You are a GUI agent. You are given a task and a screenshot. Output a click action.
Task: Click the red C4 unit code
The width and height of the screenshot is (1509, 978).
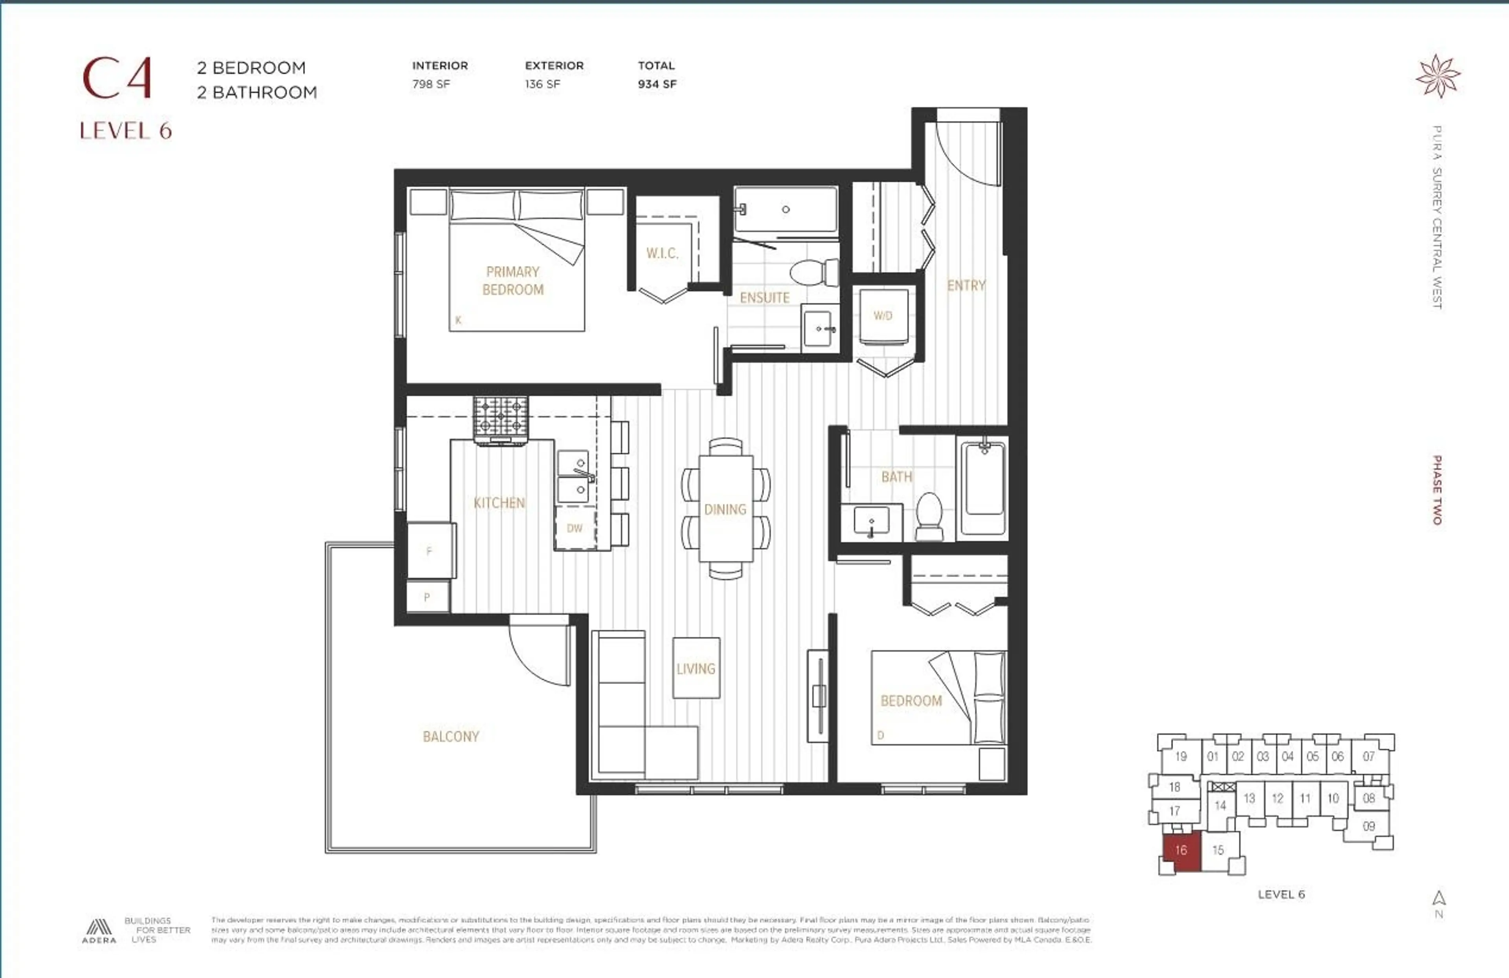(117, 79)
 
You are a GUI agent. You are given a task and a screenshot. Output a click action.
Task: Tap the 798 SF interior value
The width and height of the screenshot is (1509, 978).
(431, 84)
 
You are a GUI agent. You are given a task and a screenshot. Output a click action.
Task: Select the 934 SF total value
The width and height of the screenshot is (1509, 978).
(657, 84)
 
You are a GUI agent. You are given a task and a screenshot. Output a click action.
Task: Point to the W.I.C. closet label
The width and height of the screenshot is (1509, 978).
(662, 253)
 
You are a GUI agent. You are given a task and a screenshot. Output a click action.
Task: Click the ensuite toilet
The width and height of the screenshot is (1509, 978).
(814, 273)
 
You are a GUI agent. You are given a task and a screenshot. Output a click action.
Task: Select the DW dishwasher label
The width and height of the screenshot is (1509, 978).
(575, 528)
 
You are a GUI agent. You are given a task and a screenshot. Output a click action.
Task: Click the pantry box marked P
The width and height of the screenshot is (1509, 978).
(427, 597)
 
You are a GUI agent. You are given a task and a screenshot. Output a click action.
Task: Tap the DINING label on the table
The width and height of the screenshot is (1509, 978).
(725, 509)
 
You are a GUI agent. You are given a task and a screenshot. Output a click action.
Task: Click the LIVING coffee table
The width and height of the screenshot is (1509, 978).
(696, 668)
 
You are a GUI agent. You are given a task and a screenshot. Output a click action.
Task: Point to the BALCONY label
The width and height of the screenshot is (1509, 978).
(451, 736)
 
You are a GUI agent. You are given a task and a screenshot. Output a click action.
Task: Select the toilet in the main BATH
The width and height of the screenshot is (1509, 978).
(929, 516)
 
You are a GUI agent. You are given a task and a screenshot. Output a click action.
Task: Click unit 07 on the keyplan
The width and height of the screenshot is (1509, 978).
(1369, 756)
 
